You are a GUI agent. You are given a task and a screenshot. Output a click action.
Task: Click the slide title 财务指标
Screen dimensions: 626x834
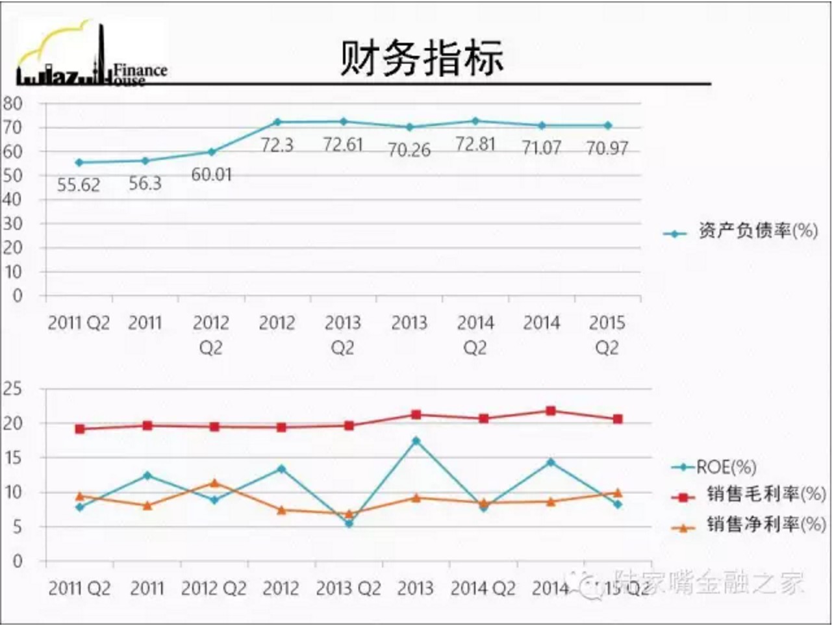click(x=422, y=58)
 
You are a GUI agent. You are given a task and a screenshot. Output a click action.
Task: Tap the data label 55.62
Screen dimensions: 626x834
click(x=79, y=185)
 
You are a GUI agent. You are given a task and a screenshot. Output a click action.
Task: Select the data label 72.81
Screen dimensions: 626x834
click(x=475, y=144)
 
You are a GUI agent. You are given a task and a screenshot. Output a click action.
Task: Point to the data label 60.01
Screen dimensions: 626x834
click(x=211, y=175)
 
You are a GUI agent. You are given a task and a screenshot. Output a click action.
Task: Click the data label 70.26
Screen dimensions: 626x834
click(x=409, y=150)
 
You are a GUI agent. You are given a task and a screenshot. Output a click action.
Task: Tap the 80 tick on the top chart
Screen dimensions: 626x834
click(x=12, y=103)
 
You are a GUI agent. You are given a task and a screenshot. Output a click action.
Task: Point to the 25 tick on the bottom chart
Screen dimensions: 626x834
click(x=12, y=389)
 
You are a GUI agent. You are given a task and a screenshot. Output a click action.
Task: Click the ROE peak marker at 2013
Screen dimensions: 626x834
click(x=416, y=441)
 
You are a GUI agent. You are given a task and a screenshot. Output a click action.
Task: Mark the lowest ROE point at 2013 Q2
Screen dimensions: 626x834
click(x=349, y=523)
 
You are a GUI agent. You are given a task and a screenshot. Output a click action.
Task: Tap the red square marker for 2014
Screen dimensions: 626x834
click(x=551, y=411)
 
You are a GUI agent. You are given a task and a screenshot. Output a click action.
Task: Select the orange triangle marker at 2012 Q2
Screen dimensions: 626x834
click(x=214, y=483)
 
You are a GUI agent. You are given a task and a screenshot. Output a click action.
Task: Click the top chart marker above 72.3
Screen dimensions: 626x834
click(x=277, y=122)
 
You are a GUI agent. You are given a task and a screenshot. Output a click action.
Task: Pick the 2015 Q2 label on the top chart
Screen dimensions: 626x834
click(x=607, y=335)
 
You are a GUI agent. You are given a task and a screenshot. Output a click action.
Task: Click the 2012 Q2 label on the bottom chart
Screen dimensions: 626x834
click(x=214, y=589)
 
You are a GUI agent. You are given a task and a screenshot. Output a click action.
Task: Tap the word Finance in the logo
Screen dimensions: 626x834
click(x=140, y=70)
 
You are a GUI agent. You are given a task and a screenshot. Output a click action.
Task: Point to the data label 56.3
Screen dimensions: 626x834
click(x=145, y=184)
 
